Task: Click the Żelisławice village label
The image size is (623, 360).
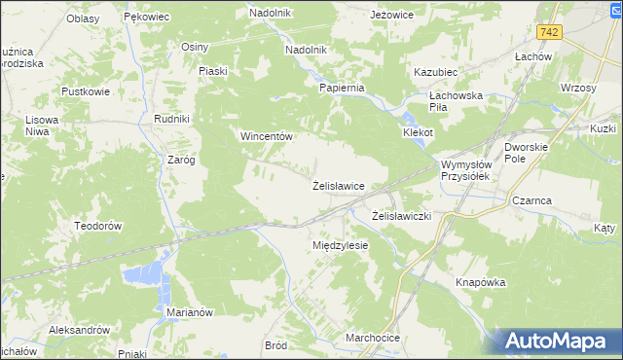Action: (338, 185)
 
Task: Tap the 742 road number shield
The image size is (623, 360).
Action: (550, 32)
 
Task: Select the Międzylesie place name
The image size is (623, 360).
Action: (340, 245)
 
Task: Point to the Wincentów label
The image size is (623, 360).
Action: (267, 136)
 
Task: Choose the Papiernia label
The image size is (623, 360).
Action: (342, 87)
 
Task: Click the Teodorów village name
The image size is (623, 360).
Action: (96, 225)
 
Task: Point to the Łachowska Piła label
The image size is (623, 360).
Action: (457, 102)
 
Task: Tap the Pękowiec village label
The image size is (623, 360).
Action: (147, 18)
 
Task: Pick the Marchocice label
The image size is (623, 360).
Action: (373, 338)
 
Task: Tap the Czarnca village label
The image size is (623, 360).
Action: (531, 200)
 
